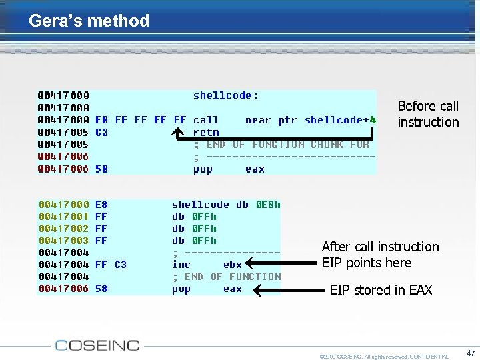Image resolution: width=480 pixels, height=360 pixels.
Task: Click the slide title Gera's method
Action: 89,21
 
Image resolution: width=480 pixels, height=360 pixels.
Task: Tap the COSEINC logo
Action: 97,345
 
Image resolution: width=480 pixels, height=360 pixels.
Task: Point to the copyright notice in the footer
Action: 384,356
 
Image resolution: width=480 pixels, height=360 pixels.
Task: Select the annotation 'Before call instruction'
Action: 428,114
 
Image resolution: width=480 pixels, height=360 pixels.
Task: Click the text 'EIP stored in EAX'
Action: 381,290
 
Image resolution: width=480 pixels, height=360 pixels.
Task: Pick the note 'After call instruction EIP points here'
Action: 380,255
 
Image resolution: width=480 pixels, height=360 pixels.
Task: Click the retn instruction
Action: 206,132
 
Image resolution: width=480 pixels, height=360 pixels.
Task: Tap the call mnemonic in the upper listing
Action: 206,120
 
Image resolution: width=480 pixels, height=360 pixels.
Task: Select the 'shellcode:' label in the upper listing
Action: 226,95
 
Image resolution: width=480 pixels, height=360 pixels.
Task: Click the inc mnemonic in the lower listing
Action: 181,265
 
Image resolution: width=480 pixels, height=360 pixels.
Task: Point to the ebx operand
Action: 233,265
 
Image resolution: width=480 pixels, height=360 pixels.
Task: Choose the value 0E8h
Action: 268,205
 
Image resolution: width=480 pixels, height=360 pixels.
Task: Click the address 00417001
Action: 64,217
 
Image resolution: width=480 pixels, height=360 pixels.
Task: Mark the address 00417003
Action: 64,241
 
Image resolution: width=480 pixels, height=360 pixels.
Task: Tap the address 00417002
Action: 64,229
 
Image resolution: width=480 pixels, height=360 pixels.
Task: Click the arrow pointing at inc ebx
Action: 280,265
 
